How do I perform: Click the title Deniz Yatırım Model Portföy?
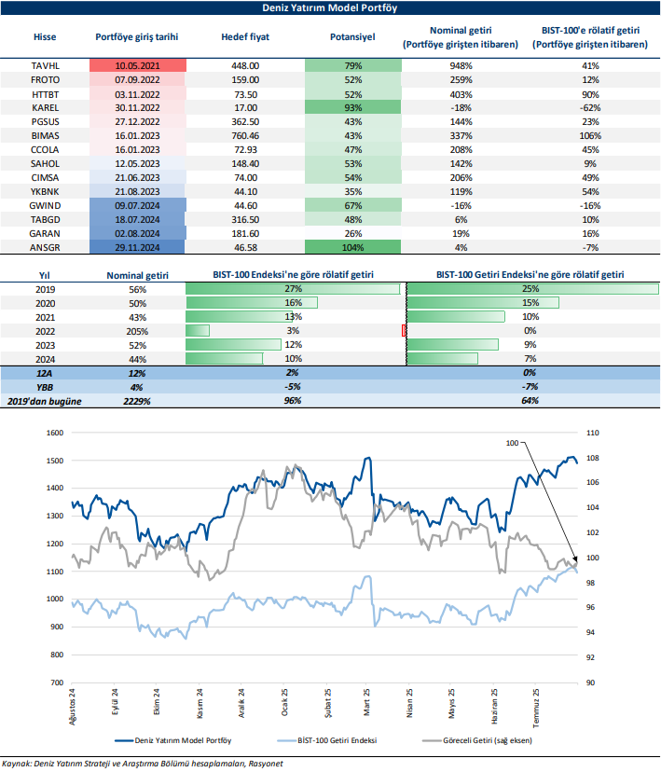pos(330,9)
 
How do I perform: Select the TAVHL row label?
pos(45,66)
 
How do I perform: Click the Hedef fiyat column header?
pos(245,38)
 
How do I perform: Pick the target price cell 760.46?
pos(245,135)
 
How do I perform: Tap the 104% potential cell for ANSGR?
pos(352,247)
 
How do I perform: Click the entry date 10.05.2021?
pos(138,66)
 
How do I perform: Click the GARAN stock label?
pos(45,233)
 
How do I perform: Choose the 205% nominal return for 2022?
pos(138,330)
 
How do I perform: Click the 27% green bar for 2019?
pos(294,289)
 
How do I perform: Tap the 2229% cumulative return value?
pos(138,400)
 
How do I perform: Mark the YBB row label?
pos(45,386)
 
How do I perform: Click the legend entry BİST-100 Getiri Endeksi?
pos(337,742)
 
